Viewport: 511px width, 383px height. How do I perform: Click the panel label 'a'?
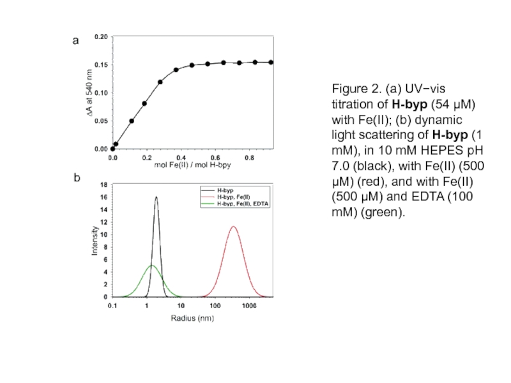pos(75,41)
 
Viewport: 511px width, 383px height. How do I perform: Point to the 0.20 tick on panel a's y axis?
pos(101,37)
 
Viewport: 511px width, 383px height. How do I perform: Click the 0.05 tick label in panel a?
pos(101,121)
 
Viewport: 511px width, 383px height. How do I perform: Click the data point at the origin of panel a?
pos(113,149)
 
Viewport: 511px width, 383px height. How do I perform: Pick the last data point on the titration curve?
pos(271,62)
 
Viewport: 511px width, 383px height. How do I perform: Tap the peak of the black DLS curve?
pos(156,197)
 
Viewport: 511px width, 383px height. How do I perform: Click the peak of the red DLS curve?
pos(234,227)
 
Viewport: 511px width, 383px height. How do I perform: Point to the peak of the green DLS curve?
pos(151,266)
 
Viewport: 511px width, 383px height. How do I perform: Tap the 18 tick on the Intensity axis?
pos(104,185)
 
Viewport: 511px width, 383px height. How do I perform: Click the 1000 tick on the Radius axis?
pos(248,306)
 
